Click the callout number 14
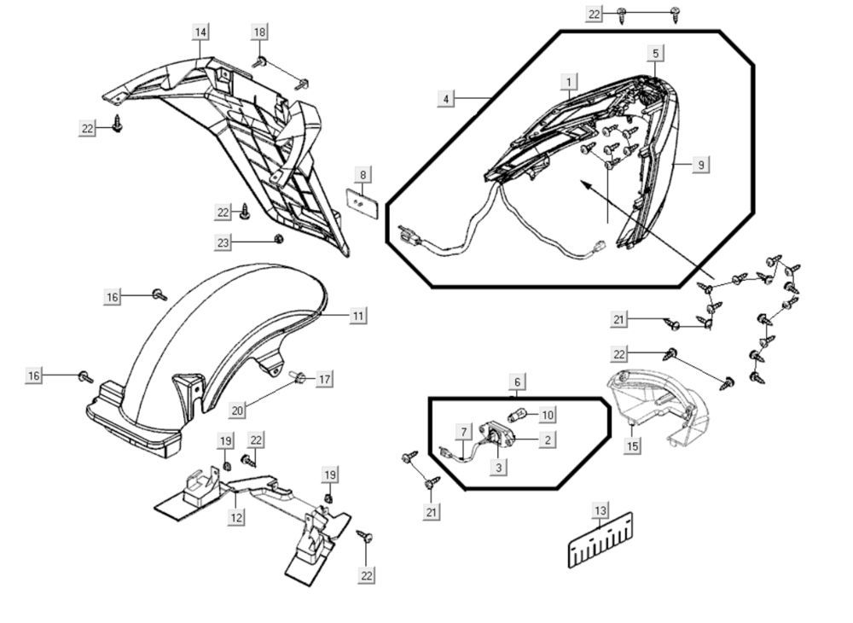tap(200, 32)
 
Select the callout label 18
tap(259, 32)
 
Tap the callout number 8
tap(363, 176)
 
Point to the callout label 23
tap(223, 243)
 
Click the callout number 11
tap(358, 316)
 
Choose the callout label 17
tap(324, 378)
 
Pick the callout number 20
tap(238, 409)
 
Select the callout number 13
tap(601, 510)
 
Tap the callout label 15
tap(632, 446)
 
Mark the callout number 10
tap(547, 415)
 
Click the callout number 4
tap(446, 99)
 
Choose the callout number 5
tap(655, 54)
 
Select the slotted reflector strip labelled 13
tap(601, 541)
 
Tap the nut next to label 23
tap(278, 239)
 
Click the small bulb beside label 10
tap(517, 416)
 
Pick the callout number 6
tap(517, 381)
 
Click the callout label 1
tap(568, 82)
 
